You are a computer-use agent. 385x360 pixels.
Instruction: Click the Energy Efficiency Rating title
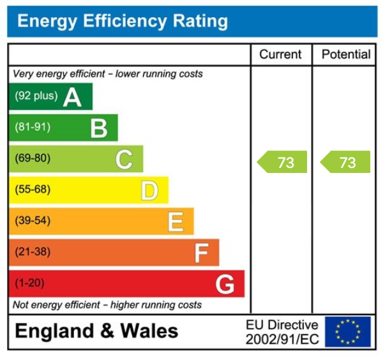pos(122,22)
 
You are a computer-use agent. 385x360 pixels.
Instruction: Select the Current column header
pos(281,55)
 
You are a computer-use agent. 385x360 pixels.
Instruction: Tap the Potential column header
pos(345,55)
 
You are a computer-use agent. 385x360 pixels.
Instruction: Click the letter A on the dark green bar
pos(72,98)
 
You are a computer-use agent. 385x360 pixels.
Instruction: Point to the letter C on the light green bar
pos(124,160)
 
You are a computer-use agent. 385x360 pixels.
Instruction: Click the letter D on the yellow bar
pos(149,190)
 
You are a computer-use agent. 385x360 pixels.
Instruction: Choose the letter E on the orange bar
pos(175,222)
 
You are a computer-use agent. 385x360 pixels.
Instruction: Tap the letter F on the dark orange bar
pos(200,253)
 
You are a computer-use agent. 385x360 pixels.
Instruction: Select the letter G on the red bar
pos(225,284)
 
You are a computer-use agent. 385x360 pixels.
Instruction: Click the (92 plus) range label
pos(36,96)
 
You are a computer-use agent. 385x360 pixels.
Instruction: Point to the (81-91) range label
pos(33,128)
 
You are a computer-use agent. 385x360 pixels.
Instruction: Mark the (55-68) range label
pos(33,190)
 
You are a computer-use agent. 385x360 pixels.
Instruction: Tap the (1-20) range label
pos(30,283)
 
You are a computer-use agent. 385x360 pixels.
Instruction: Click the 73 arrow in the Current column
pos(282,162)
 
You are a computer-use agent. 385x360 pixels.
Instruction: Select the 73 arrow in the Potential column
pos(345,162)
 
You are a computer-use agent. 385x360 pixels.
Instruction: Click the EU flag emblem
pos(347,332)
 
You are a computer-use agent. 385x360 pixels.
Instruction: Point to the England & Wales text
pos(96,331)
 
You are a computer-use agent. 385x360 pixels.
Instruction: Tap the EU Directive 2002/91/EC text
pos(282,332)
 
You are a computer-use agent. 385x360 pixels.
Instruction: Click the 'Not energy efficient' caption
pos(107,305)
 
